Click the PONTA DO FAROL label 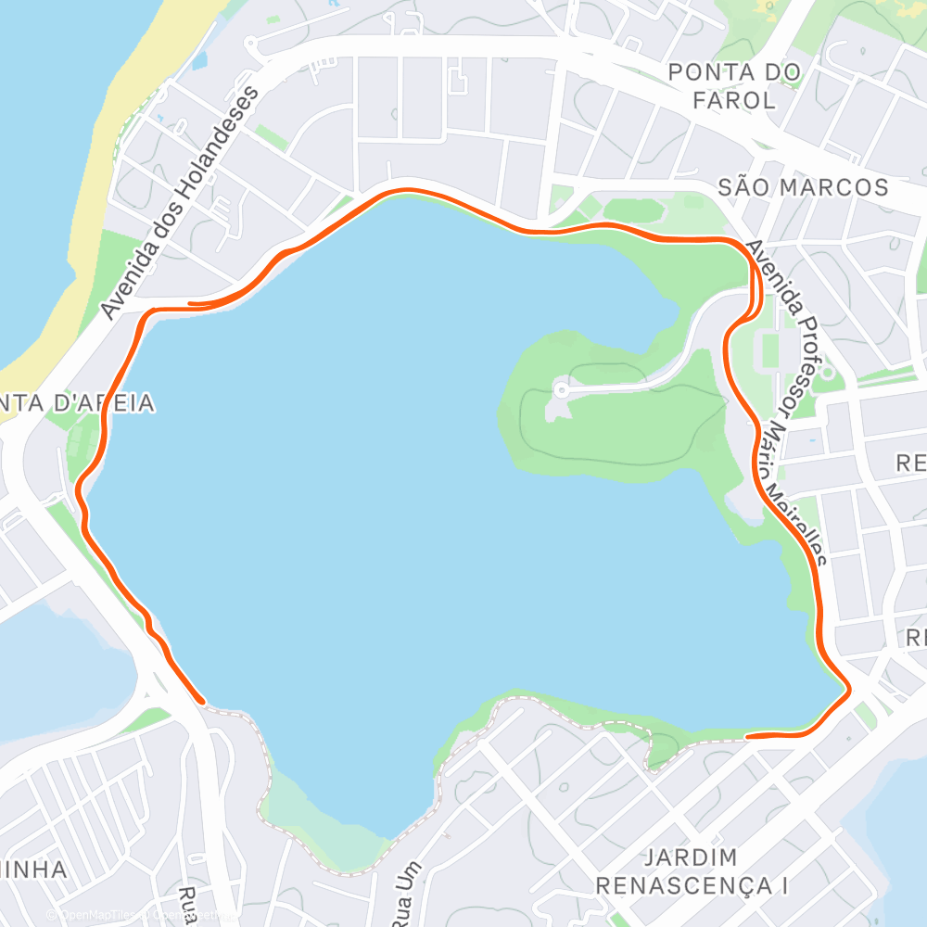pyautogui.click(x=734, y=85)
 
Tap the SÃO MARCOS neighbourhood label pyautogui.click(x=803, y=187)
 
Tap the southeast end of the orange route pyautogui.click(x=749, y=736)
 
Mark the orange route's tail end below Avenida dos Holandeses pyautogui.click(x=191, y=303)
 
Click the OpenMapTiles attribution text pyautogui.click(x=93, y=914)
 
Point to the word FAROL pyautogui.click(x=733, y=100)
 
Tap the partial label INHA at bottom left pyautogui.click(x=33, y=870)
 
